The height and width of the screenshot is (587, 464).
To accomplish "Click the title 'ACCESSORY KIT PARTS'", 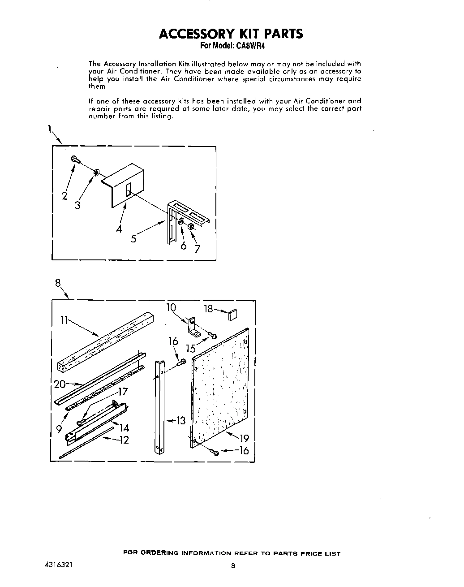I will [231, 34].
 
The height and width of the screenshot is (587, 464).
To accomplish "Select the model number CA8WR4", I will [256, 46].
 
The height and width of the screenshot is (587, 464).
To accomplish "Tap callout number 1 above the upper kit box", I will [48, 130].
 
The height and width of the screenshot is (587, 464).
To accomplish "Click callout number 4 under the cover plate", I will [119, 229].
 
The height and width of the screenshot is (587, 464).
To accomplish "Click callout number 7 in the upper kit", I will [197, 249].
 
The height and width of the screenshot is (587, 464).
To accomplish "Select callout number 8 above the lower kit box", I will [58, 283].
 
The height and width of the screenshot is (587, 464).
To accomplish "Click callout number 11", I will [63, 319].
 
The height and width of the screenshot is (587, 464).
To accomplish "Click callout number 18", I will [208, 309].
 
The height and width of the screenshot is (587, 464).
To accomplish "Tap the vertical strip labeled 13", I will [158, 403].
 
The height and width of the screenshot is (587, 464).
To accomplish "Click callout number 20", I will [60, 384].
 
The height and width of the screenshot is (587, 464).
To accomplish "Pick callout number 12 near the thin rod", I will [124, 440].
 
